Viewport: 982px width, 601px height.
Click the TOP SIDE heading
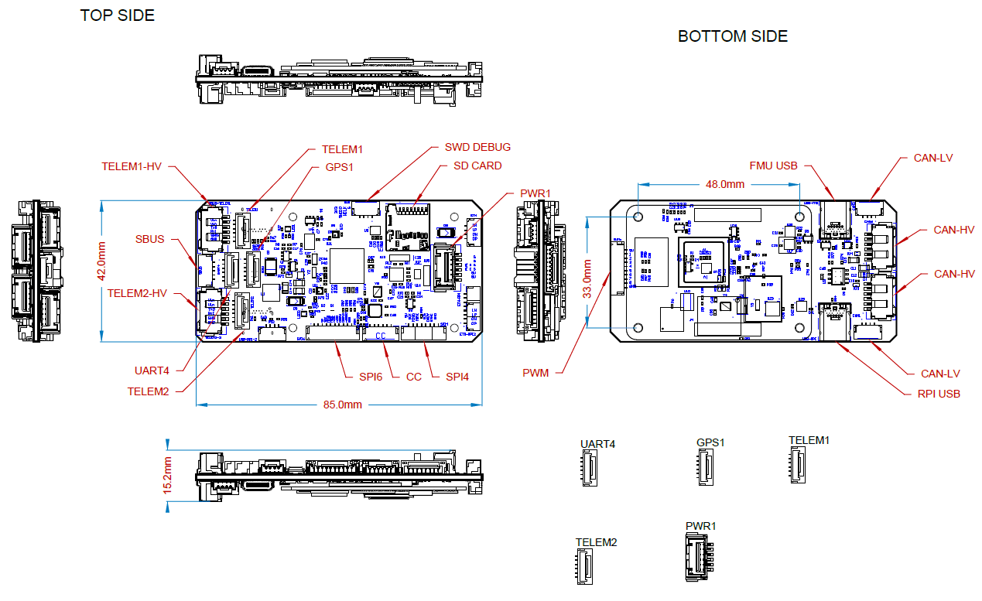click(x=117, y=15)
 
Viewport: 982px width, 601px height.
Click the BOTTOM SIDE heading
click(x=732, y=36)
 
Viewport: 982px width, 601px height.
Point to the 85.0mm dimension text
click(x=342, y=405)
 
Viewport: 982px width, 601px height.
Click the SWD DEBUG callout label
click(x=477, y=147)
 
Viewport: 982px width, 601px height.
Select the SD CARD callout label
click(x=477, y=166)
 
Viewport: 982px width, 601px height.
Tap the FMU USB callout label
click(x=772, y=166)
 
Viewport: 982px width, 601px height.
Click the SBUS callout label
click(x=149, y=239)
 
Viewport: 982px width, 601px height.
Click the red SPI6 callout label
click(x=370, y=377)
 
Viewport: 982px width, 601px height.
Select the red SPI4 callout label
click(x=457, y=377)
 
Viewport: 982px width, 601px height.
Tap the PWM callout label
click(x=535, y=373)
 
